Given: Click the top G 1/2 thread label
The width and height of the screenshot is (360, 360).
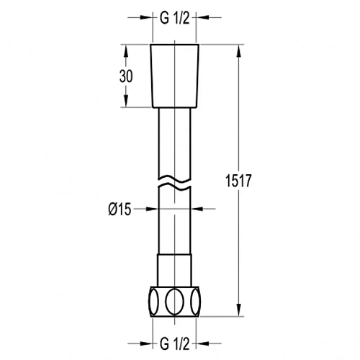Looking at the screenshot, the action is (175, 18).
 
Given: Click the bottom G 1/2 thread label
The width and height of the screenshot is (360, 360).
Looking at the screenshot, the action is (175, 343).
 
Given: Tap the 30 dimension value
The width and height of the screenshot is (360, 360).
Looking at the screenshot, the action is (126, 76).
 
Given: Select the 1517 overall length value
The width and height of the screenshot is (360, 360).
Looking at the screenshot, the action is (238, 181).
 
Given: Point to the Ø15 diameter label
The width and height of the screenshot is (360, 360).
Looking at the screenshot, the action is (120, 210).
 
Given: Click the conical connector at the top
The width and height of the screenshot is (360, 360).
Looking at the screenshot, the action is (175, 76).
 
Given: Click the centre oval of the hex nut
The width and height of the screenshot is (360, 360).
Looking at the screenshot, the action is (175, 302).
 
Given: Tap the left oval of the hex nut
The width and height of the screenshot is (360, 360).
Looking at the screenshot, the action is (153, 302).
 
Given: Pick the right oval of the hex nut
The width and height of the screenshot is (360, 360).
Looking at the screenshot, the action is (195, 302).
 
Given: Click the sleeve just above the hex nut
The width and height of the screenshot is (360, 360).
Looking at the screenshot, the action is (174, 270).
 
